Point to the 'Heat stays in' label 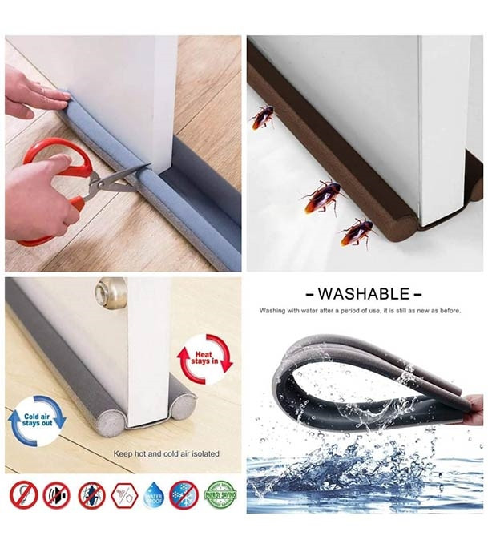(x=203, y=357)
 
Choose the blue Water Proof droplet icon (x=153, y=495)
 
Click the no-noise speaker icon (x=56, y=494)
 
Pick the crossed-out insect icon (x=91, y=494)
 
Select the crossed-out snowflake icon (x=184, y=494)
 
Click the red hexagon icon (x=124, y=494)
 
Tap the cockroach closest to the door (x=357, y=232)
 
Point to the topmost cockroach (x=262, y=117)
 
